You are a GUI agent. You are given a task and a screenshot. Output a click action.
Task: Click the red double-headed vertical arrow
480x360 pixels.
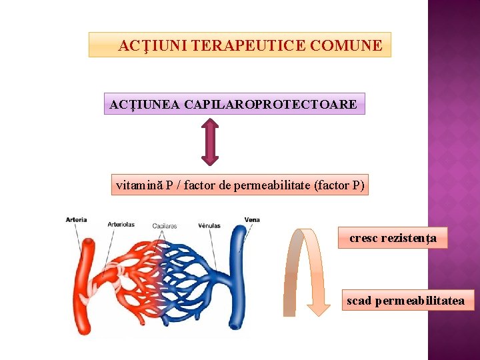[x=210, y=141]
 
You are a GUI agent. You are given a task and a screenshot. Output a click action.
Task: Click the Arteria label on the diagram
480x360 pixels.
[x=76, y=219]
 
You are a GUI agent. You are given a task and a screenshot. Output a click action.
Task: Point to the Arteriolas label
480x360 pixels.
[x=121, y=224]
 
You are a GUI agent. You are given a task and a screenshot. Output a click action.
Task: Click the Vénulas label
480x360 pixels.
[x=209, y=225]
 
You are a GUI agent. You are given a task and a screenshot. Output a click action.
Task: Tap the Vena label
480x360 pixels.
[x=252, y=219]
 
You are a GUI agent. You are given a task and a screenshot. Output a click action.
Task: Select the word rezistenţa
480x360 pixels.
[x=409, y=237]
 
